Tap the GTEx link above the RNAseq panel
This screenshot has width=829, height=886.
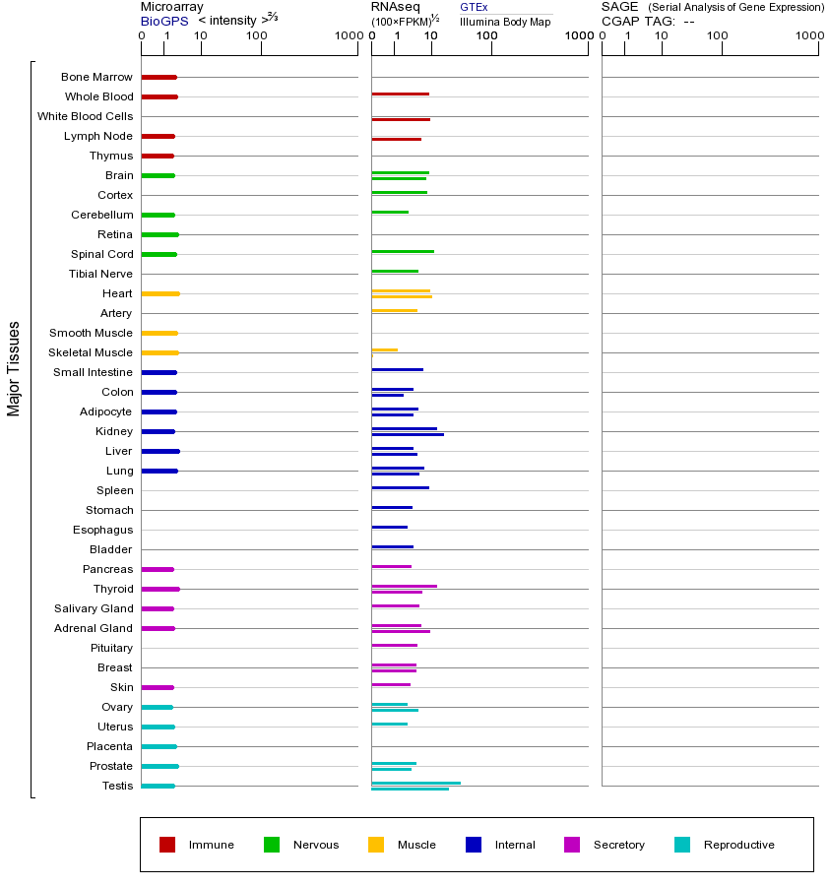click(x=474, y=8)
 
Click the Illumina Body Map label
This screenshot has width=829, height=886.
click(x=505, y=22)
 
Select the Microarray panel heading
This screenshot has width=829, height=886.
click(x=172, y=7)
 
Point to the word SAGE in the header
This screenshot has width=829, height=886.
click(x=619, y=7)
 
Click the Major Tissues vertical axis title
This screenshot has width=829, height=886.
click(x=14, y=367)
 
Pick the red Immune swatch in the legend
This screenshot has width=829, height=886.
click(x=167, y=845)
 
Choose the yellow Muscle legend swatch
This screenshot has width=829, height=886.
click(x=376, y=845)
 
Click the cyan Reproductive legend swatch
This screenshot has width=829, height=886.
click(x=682, y=845)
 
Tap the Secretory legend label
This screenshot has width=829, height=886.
click(x=618, y=845)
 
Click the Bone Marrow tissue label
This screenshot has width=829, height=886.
click(x=96, y=77)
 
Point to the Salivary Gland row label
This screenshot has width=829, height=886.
click(x=94, y=608)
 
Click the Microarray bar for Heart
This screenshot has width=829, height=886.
click(x=159, y=293)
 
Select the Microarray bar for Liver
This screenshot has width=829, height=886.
click(x=159, y=451)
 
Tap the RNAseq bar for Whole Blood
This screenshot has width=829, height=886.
click(x=400, y=95)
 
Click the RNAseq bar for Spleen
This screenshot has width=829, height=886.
click(x=400, y=488)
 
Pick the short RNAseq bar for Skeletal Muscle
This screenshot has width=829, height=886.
click(x=384, y=349)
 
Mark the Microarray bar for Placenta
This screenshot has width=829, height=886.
click(x=159, y=746)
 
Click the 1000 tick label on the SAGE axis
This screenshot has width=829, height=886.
click(x=808, y=36)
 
